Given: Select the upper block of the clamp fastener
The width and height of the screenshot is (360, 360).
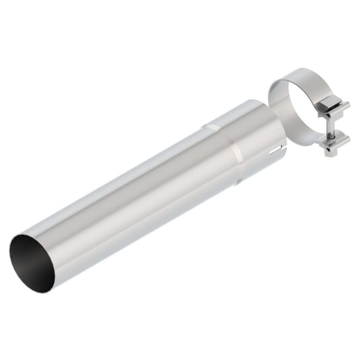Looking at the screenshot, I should pyautogui.click(x=334, y=109).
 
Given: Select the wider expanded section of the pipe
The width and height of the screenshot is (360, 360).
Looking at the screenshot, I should pyautogui.click(x=253, y=138).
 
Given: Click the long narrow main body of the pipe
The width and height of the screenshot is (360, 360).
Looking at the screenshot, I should pyautogui.click(x=135, y=203).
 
